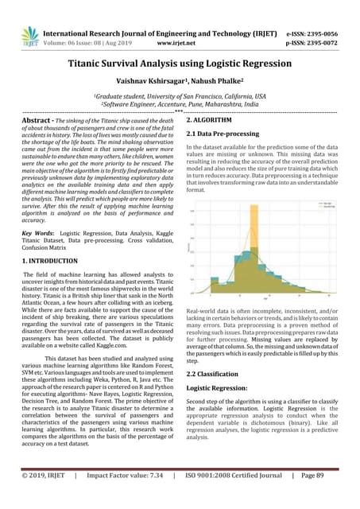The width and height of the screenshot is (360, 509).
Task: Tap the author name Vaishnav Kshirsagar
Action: coord(150,80)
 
